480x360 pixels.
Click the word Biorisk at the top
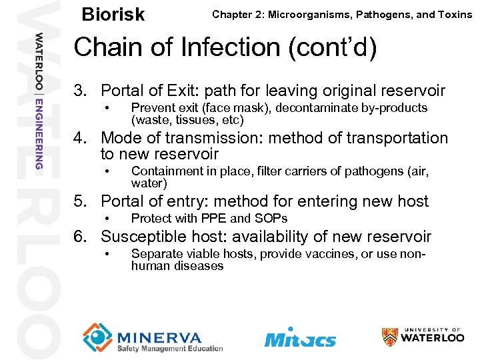tap(113, 15)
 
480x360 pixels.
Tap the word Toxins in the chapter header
tap(453, 14)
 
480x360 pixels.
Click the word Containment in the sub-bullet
tap(163, 171)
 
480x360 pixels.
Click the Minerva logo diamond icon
tap(97, 337)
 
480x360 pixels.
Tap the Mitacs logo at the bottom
tap(300, 337)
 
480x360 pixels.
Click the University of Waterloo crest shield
tap(390, 337)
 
